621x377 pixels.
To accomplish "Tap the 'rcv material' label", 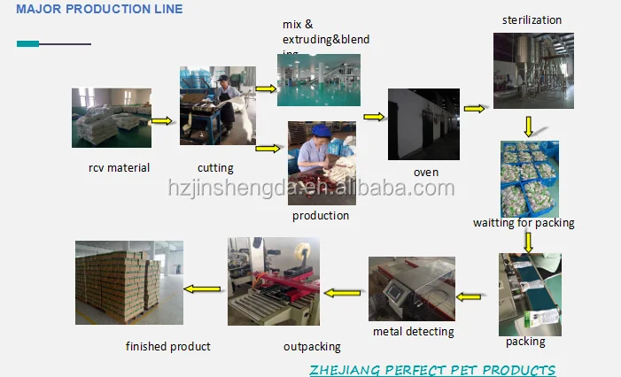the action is point(119,167).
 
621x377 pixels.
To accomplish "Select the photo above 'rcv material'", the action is point(111,118).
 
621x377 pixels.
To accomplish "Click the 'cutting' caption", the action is point(215,167).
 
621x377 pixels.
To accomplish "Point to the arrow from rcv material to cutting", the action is point(161,120).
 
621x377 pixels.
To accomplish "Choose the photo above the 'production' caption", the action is point(322,164).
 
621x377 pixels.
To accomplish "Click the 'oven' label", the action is point(425,172).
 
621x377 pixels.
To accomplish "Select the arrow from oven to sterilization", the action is point(475,109).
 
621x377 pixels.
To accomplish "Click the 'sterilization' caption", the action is point(532,20).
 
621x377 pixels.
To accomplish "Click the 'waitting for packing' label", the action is point(524,222).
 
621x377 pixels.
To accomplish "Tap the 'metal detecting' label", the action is point(413,331).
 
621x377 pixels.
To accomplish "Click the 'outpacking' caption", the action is point(312,347).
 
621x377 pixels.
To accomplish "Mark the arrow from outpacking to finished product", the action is point(203,289).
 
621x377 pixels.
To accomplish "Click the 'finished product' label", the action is point(168,346).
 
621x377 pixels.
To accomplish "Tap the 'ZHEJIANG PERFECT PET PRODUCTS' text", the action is point(432,369).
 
